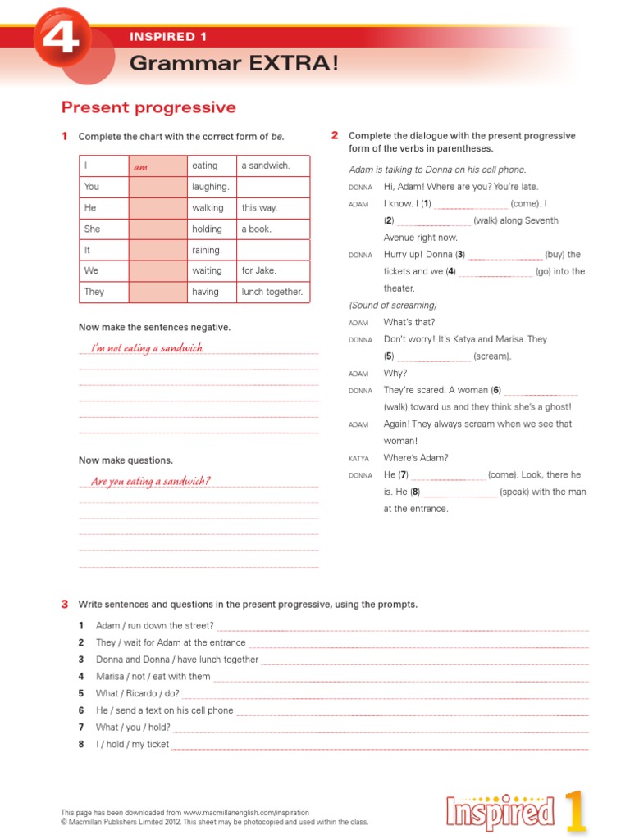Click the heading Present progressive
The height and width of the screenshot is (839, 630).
click(x=148, y=107)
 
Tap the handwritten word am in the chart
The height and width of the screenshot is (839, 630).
click(x=140, y=166)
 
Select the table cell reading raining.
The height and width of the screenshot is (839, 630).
click(x=207, y=250)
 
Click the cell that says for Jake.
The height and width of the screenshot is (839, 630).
click(x=259, y=270)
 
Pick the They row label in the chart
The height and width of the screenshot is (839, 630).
click(x=94, y=292)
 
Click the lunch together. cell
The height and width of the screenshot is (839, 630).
click(x=272, y=292)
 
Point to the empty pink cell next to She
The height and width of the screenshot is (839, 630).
click(x=157, y=229)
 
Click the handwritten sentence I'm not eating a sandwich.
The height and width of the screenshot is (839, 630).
click(x=148, y=348)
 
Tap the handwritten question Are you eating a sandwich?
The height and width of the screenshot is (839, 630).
click(x=151, y=481)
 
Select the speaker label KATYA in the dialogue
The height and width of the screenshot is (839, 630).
click(x=358, y=459)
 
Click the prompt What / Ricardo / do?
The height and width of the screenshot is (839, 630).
click(x=137, y=693)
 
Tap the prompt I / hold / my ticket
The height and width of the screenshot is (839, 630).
click(x=132, y=744)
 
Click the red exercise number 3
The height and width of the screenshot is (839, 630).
click(x=65, y=604)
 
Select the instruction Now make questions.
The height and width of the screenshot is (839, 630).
click(x=126, y=460)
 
